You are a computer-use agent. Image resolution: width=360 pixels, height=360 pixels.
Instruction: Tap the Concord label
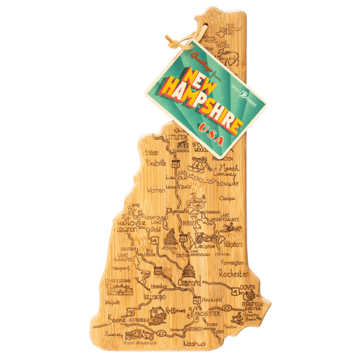(190, 281)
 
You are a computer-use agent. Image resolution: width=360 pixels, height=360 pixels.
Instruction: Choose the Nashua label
(196, 343)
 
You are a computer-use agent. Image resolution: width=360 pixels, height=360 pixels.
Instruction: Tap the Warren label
(155, 189)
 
